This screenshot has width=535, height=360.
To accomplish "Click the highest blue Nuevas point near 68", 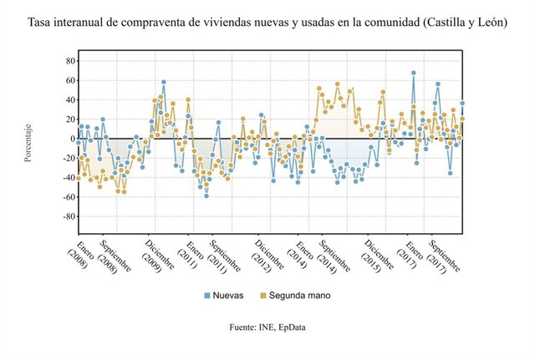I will [413, 73].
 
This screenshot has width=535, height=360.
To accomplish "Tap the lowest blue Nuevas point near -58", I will [206, 195].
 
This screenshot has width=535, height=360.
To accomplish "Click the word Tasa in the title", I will [41, 22].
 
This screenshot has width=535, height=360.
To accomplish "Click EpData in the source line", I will [288, 327].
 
